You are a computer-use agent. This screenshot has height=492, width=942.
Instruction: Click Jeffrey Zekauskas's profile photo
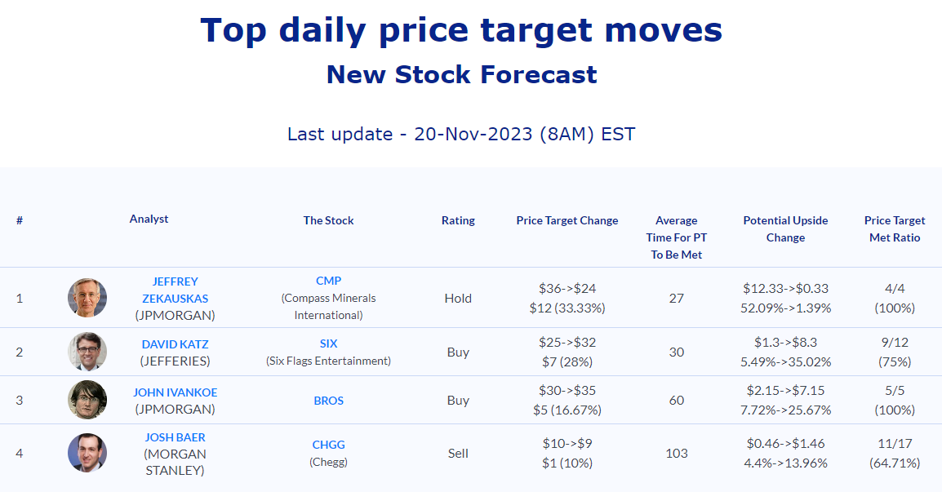[87, 298]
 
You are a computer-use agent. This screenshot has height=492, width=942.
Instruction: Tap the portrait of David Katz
[87, 352]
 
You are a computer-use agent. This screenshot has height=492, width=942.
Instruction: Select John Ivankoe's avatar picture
[87, 400]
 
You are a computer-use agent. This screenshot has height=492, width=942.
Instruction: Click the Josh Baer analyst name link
[175, 437]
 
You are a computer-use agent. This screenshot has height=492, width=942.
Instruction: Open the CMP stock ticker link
[329, 281]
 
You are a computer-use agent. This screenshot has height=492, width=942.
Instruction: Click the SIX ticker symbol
[329, 344]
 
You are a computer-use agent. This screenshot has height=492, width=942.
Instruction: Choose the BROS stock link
[329, 401]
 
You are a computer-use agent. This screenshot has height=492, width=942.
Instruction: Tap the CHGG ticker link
[329, 445]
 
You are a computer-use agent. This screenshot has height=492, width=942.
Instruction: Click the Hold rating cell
[458, 298]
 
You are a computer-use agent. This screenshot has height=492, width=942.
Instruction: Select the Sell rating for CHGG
[458, 454]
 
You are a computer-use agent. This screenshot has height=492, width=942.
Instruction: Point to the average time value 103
[677, 454]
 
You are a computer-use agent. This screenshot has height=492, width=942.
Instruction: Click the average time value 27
[677, 298]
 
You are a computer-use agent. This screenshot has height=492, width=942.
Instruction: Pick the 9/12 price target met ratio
[895, 343]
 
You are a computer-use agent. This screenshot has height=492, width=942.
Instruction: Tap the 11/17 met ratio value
[895, 443]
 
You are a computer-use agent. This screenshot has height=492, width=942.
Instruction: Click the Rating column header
[458, 220]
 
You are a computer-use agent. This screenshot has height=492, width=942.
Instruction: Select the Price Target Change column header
[567, 220]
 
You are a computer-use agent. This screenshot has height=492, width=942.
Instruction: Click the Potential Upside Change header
[785, 229]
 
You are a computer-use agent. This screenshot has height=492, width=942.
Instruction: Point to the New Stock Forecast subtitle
[461, 74]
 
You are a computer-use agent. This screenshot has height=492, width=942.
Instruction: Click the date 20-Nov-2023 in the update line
[473, 133]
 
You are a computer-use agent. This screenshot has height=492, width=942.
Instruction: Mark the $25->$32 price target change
[567, 343]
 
